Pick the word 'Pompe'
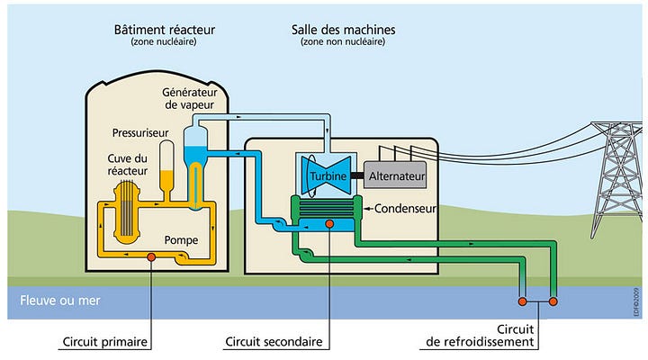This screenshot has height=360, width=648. [181, 240]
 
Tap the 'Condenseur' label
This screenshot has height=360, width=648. [404, 209]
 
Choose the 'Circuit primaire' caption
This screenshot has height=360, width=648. [105, 343]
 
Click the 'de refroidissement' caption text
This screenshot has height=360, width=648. [481, 343]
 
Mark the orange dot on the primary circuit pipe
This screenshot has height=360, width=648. [151, 258]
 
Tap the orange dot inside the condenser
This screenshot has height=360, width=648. [329, 223]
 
